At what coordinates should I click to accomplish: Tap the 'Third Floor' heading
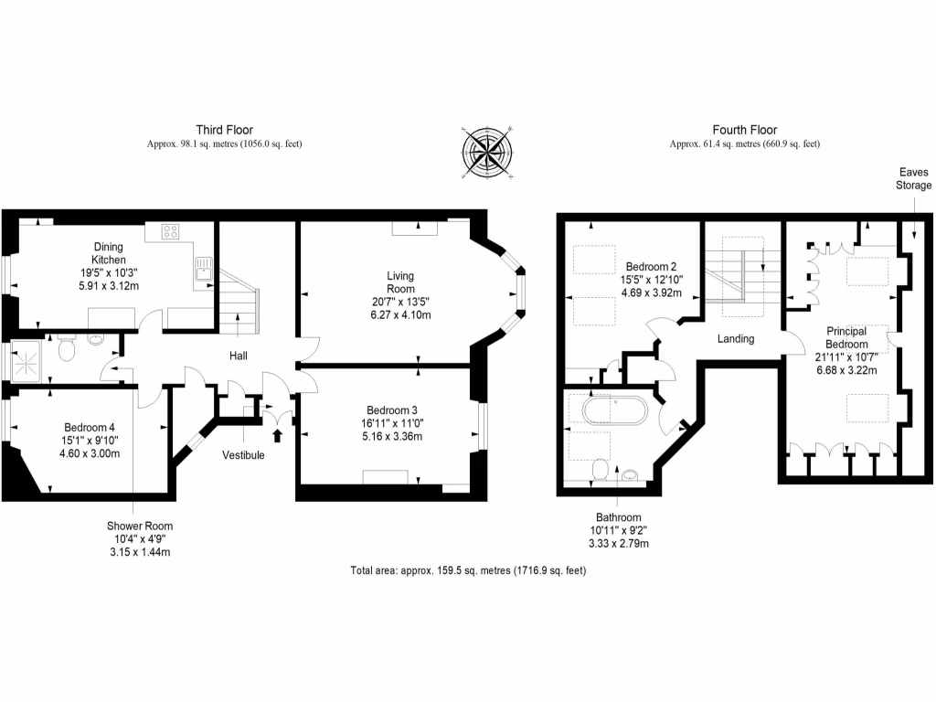[224, 130]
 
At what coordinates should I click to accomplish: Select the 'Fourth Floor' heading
[744, 130]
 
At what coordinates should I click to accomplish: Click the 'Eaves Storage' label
[914, 178]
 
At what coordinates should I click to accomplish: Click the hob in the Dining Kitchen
[170, 231]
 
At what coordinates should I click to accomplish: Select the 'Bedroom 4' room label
[90, 427]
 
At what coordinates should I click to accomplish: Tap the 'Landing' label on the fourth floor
[736, 338]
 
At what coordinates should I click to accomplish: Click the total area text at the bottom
[467, 570]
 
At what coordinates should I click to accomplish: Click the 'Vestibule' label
[243, 454]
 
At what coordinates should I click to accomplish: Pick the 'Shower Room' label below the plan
[139, 526]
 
